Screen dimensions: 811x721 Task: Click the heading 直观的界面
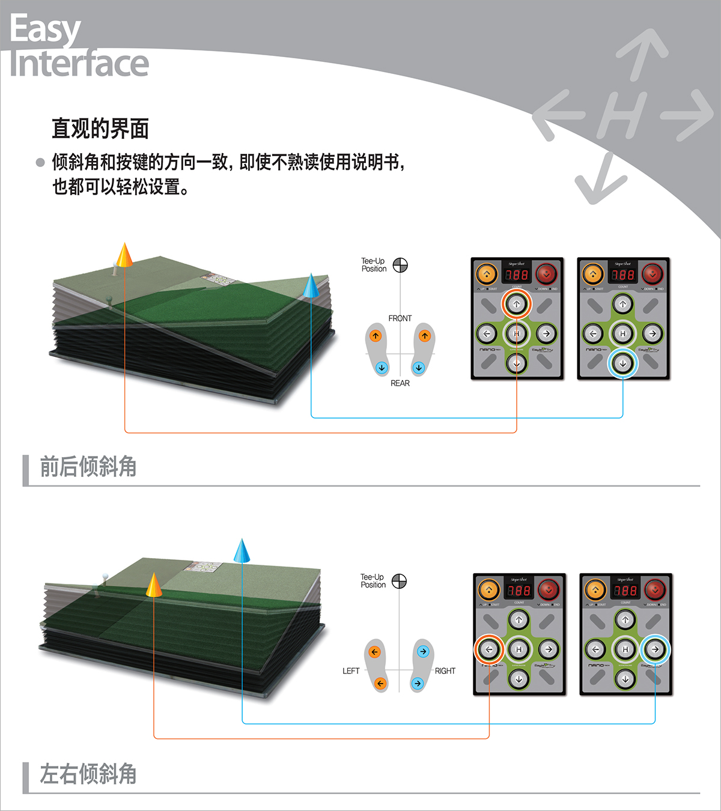(100, 129)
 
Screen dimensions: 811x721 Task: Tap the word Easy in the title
(45, 30)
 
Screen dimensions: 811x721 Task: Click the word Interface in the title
(79, 64)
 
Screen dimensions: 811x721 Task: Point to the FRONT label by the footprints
(400, 318)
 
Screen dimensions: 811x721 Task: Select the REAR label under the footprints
(400, 383)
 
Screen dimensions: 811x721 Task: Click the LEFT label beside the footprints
(351, 671)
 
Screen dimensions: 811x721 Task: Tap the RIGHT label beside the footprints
(445, 671)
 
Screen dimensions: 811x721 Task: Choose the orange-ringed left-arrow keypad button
(489, 649)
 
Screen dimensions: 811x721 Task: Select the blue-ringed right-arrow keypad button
(655, 649)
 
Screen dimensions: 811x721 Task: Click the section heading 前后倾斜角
(88, 467)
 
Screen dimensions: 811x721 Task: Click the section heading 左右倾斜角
(88, 774)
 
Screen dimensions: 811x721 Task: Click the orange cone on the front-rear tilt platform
(124, 255)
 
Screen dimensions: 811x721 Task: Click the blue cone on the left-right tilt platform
(242, 551)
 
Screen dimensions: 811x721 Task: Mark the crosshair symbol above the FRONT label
(400, 265)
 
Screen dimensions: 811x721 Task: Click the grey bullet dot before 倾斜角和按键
(40, 162)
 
